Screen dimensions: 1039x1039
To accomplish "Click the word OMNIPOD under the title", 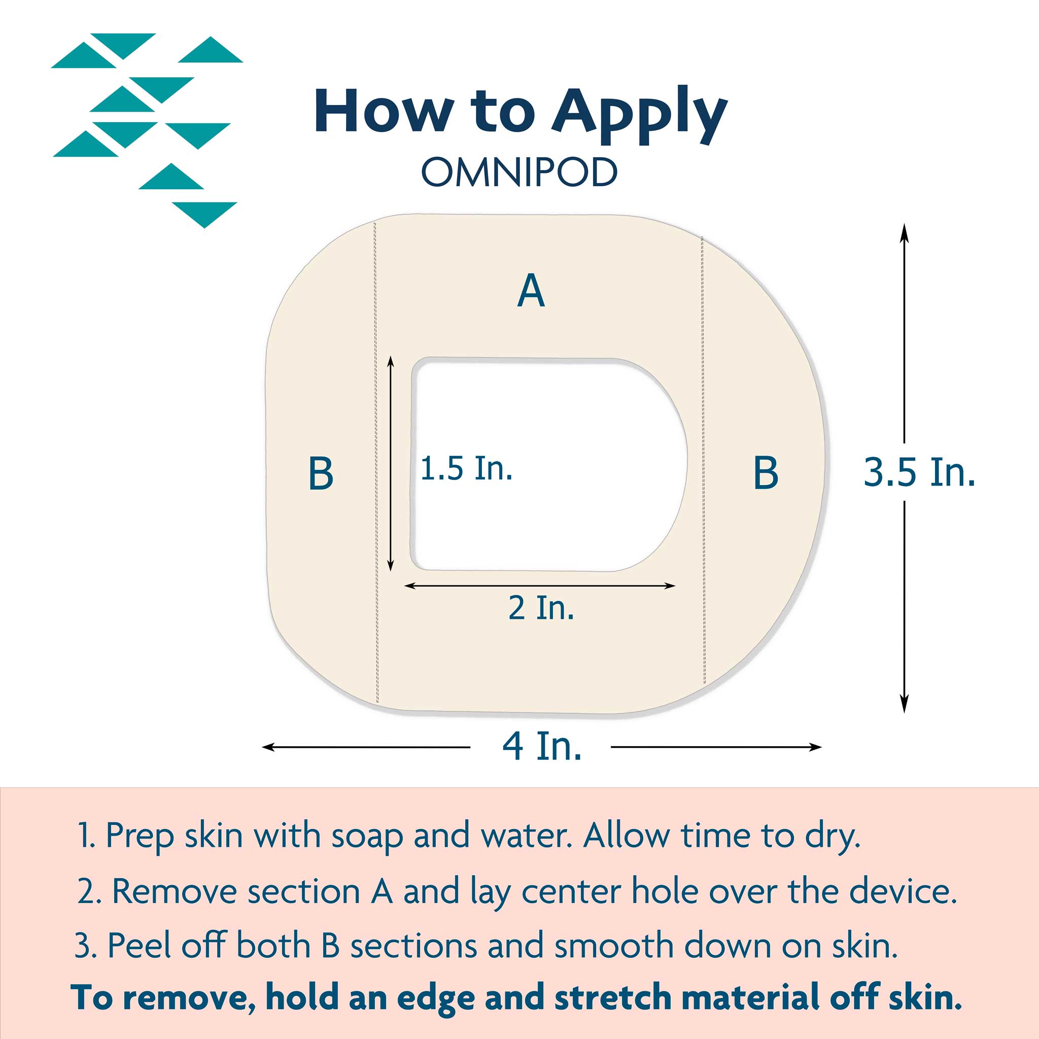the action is pos(519,172).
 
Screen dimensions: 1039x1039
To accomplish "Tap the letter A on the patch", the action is pos(531,290).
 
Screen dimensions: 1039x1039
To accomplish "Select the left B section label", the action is pos(321,473).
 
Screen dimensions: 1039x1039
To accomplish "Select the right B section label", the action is pos(766,473).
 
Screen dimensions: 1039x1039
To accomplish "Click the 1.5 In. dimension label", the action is pos(466,468).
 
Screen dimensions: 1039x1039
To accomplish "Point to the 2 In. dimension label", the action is pos(541,608).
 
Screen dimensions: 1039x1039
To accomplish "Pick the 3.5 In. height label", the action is pos(920,472).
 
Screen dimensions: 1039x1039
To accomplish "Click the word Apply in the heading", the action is pos(640,114).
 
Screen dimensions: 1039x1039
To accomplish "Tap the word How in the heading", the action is pos(384,110).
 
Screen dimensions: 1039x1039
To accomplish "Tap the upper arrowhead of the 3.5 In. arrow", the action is pos(905,232).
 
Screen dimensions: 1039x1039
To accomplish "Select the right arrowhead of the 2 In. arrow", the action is pos(670,585).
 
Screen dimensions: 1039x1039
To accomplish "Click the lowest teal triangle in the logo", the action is pos(204,215).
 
